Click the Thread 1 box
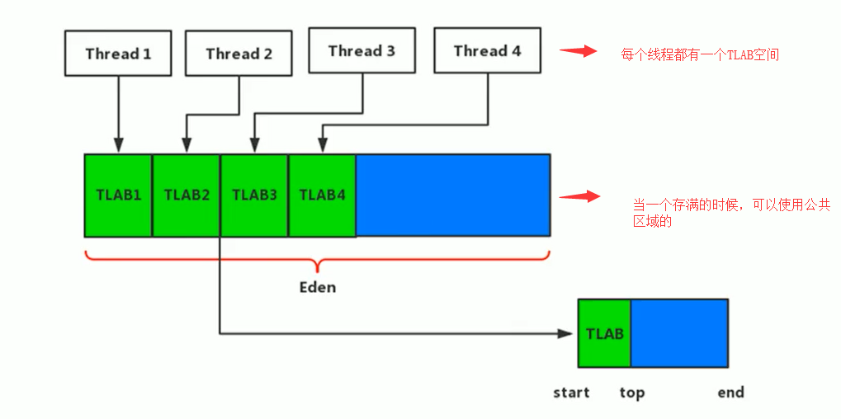pyautogui.click(x=118, y=54)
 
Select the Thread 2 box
pyautogui.click(x=239, y=54)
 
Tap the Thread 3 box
pyautogui.click(x=361, y=51)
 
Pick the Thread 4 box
pyautogui.click(x=487, y=51)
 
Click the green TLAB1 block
pyautogui.click(x=118, y=195)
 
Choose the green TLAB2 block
pyautogui.click(x=187, y=195)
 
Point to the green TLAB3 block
pyautogui.click(x=254, y=195)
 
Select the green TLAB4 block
pyautogui.click(x=322, y=195)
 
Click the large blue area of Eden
pyautogui.click(x=452, y=195)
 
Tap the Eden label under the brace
pyautogui.click(x=317, y=288)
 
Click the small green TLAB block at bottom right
pyautogui.click(x=604, y=333)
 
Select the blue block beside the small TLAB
pyautogui.click(x=679, y=333)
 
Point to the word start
pyautogui.click(x=571, y=393)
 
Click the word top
pyautogui.click(x=631, y=393)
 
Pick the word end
pyautogui.click(x=730, y=393)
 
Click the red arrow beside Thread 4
pyautogui.click(x=578, y=51)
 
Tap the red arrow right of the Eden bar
pyautogui.click(x=578, y=196)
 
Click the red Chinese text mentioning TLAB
pyautogui.click(x=700, y=55)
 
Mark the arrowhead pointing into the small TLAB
pyautogui.click(x=565, y=334)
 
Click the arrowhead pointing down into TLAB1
pyautogui.click(x=118, y=146)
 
